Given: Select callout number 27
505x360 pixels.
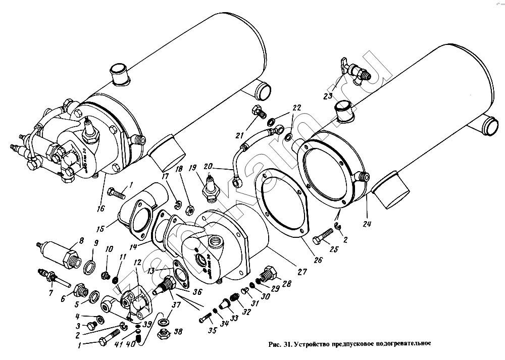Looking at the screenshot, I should pos(302,271).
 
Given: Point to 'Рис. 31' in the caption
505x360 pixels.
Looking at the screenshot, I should pos(281,345).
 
